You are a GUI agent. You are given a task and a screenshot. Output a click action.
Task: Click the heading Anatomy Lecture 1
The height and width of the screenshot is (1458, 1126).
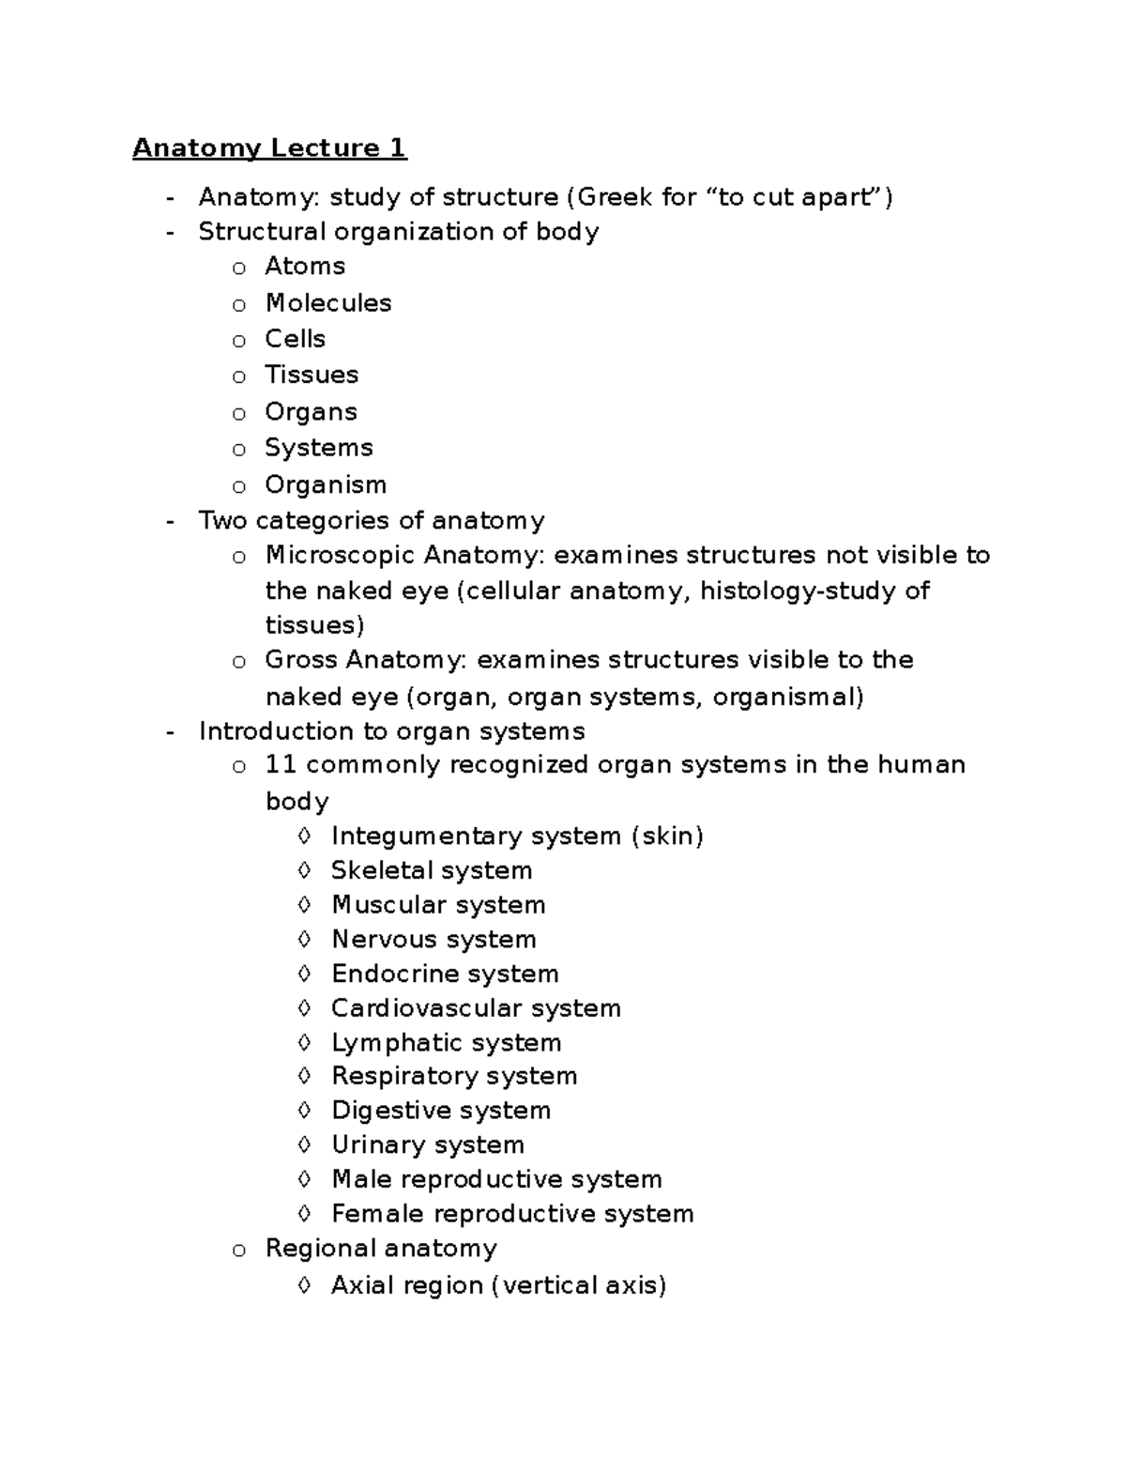pyautogui.click(x=269, y=148)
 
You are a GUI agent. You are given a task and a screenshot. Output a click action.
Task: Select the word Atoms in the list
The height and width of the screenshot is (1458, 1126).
pyautogui.click(x=305, y=267)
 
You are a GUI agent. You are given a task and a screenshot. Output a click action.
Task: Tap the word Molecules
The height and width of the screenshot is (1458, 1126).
pyautogui.click(x=328, y=303)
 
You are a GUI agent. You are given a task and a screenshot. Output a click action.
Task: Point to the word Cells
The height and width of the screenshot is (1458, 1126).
pyautogui.click(x=295, y=339)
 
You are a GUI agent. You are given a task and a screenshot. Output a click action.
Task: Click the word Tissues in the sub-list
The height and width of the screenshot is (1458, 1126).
pyautogui.click(x=312, y=375)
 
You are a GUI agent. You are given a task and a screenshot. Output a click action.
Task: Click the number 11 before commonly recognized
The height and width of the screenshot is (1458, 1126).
pyautogui.click(x=281, y=764)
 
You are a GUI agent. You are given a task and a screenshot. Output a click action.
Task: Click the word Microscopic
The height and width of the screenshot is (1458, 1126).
pyautogui.click(x=341, y=556)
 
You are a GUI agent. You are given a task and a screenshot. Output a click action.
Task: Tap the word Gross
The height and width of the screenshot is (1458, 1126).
pyautogui.click(x=302, y=660)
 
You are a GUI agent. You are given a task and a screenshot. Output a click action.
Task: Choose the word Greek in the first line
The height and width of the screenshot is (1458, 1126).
pyautogui.click(x=611, y=197)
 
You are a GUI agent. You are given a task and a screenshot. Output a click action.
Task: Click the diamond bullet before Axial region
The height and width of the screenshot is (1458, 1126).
pyautogui.click(x=303, y=1284)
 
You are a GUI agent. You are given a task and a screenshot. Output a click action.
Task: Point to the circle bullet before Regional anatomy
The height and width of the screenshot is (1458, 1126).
pyautogui.click(x=239, y=1250)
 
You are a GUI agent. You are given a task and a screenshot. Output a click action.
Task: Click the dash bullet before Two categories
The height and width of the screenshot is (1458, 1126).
pyautogui.click(x=170, y=521)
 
